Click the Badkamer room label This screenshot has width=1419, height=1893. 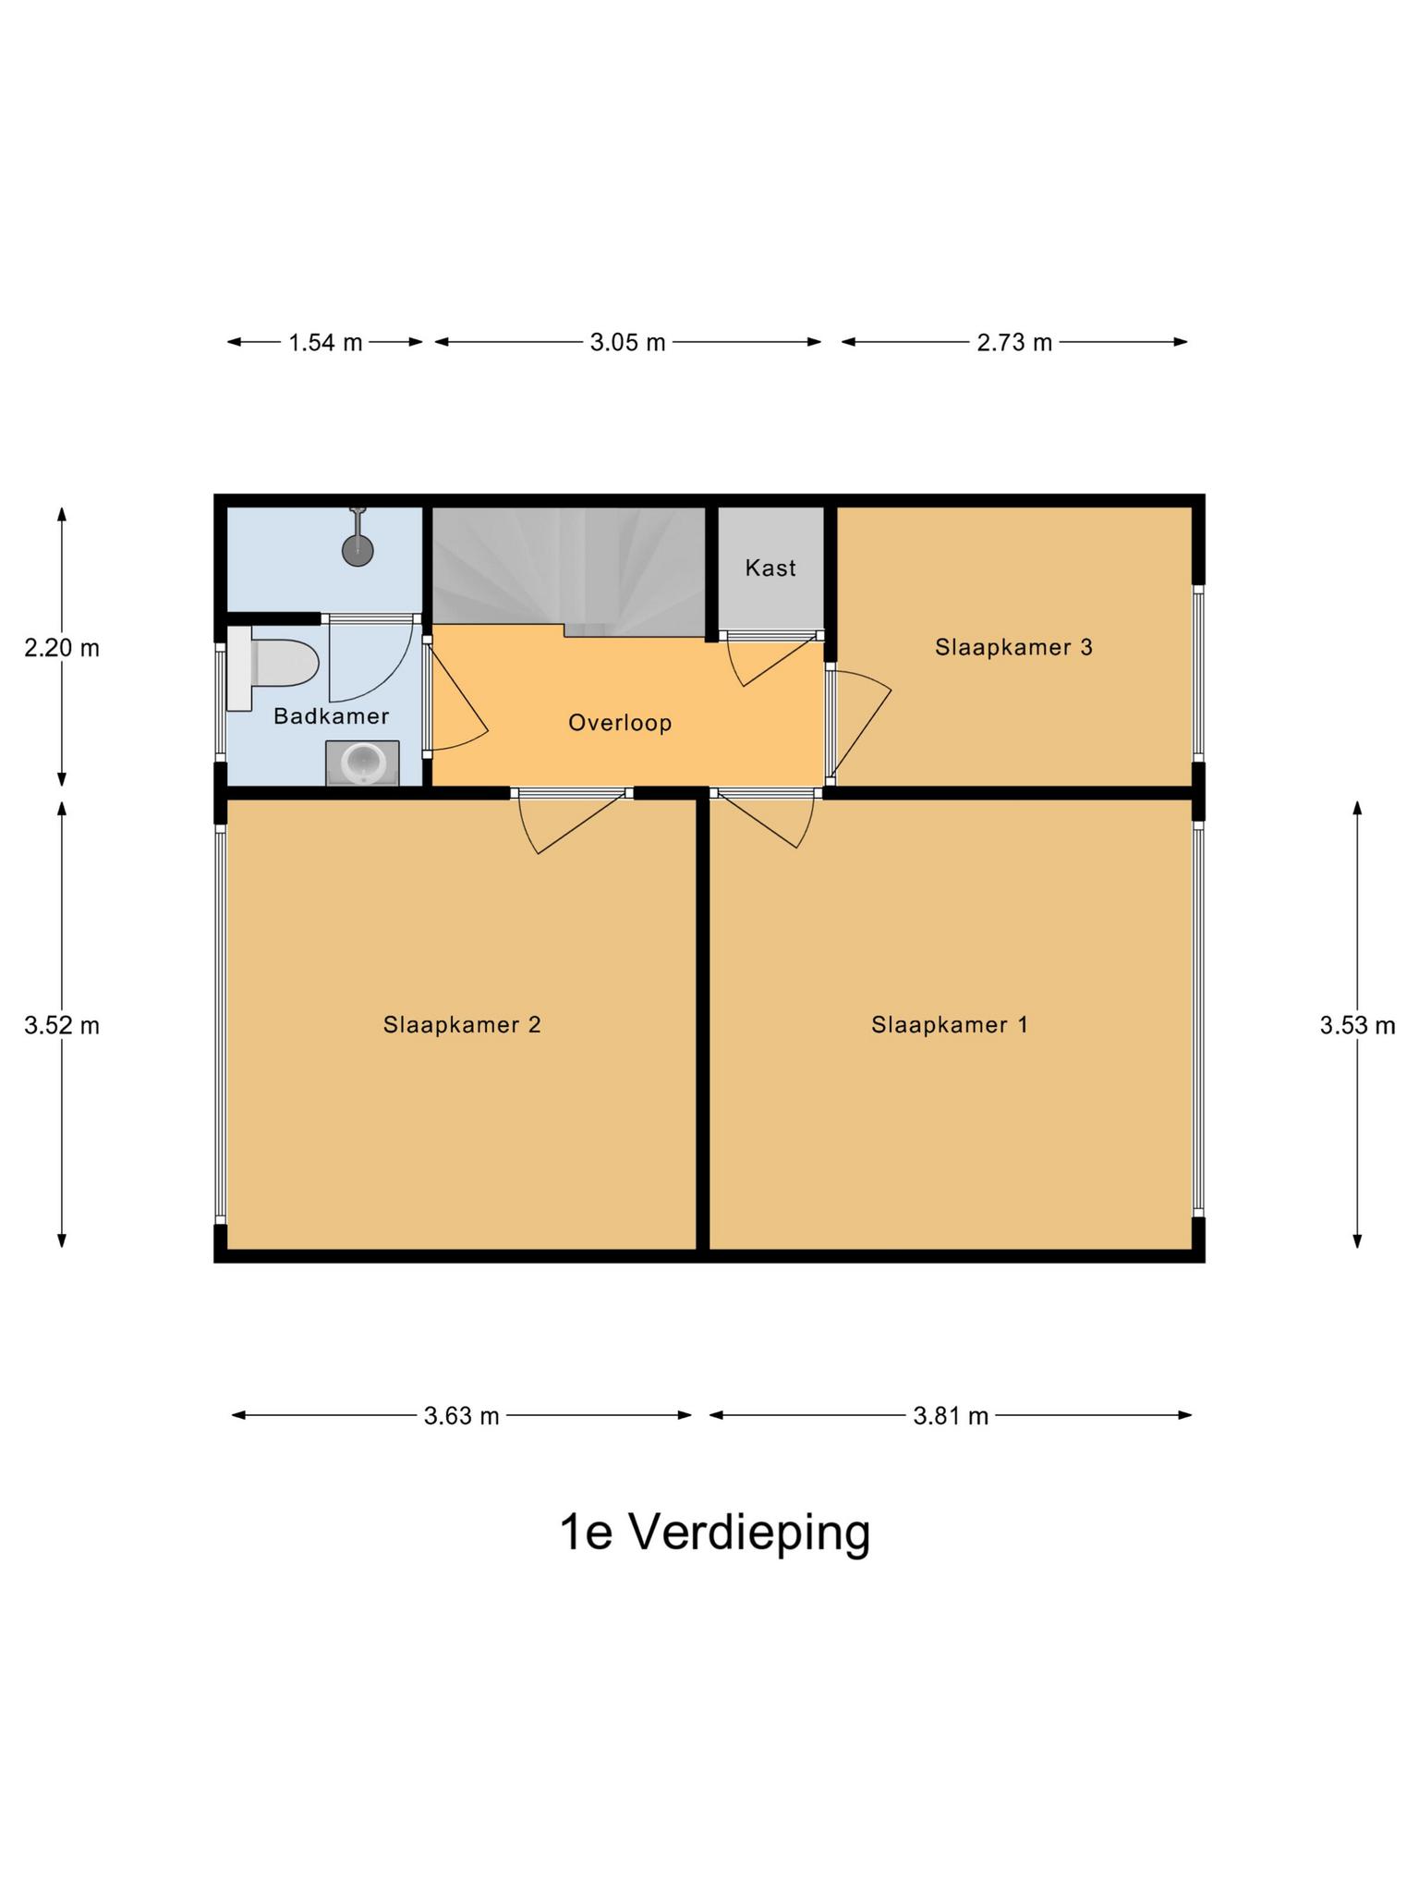pos(331,716)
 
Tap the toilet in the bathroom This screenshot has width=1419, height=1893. pos(277,664)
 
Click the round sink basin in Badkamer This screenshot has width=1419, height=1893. pos(363,763)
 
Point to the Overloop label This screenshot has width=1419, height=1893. pos(619,723)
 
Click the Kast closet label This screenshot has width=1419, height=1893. pos(770,568)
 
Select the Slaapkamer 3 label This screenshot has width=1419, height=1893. pos(1013,647)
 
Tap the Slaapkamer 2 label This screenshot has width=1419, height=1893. pos(462,1024)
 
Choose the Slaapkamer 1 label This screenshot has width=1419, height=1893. pos(949,1024)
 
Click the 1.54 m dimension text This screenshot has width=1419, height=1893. pos(325,343)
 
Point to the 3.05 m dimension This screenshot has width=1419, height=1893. pos(627,343)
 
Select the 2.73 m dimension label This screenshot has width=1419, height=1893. pos(1014,343)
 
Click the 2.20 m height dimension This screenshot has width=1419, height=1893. pos(62,648)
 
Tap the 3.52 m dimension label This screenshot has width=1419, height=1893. pos(62,1025)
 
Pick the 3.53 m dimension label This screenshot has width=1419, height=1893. pos(1356,1025)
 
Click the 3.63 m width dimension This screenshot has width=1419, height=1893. pos(461,1415)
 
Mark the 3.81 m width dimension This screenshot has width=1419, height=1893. pos(951,1415)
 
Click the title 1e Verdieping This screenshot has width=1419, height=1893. pos(715,1533)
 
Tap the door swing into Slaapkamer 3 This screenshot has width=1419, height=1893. pos(859,721)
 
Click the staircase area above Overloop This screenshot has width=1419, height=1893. pos(568,564)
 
